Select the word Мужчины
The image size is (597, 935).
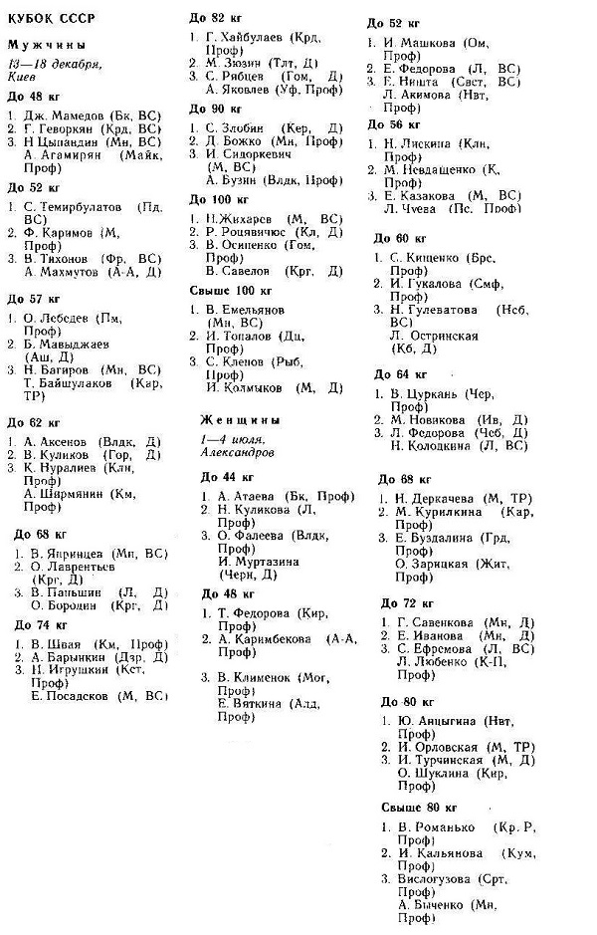pos(46,46)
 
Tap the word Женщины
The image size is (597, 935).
pos(240,420)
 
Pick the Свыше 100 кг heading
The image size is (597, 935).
pos(230,291)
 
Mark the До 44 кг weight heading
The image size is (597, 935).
pos(224,477)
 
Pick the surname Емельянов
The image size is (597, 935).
pos(255,309)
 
